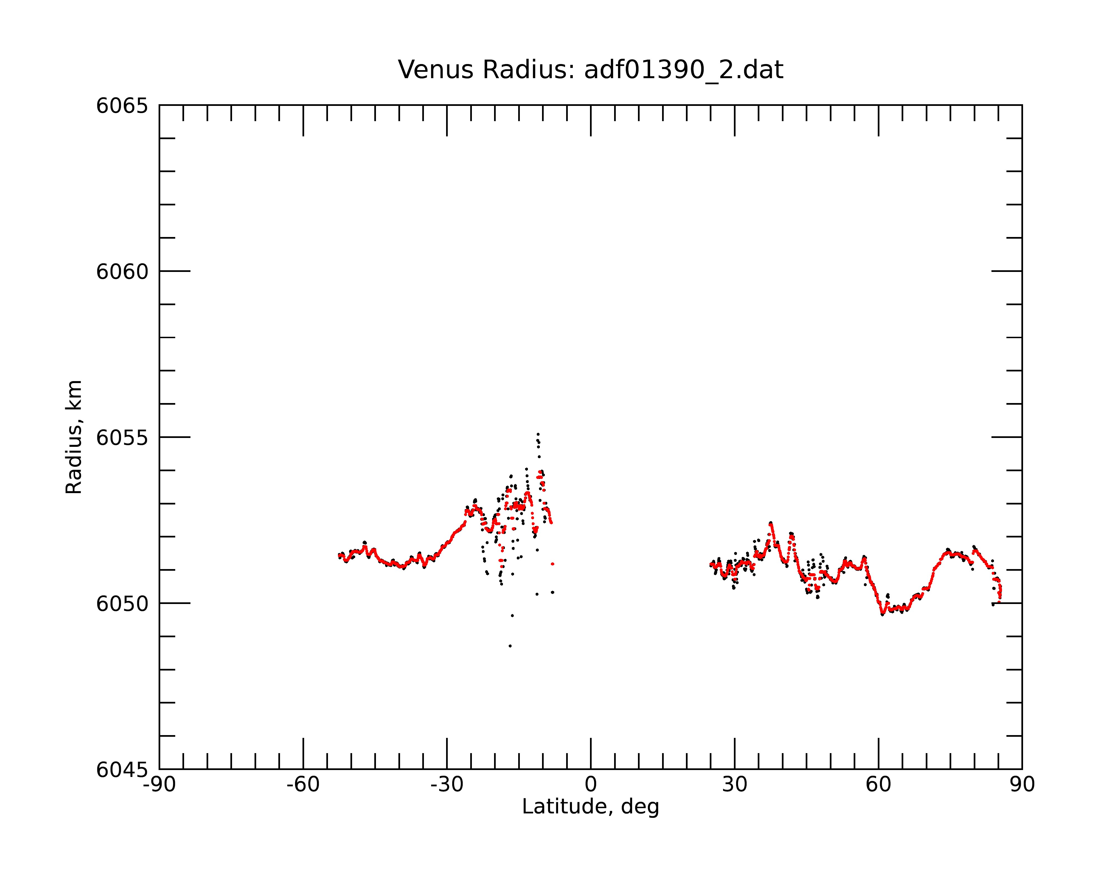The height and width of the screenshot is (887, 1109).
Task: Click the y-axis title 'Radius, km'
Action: coord(73,437)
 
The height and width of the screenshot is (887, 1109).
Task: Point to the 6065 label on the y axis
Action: coord(122,106)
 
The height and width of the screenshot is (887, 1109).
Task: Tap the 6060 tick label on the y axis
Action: coord(122,271)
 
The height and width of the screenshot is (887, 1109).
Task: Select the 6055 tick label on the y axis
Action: coord(122,438)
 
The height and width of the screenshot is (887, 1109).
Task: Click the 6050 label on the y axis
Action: coord(122,604)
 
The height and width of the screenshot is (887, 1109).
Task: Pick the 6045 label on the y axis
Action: coord(122,770)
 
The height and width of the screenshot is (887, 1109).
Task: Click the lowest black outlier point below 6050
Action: coord(510,646)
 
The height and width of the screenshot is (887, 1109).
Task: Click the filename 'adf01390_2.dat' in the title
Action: coord(684,70)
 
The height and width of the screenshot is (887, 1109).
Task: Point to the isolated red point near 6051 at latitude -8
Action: coord(553,564)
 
